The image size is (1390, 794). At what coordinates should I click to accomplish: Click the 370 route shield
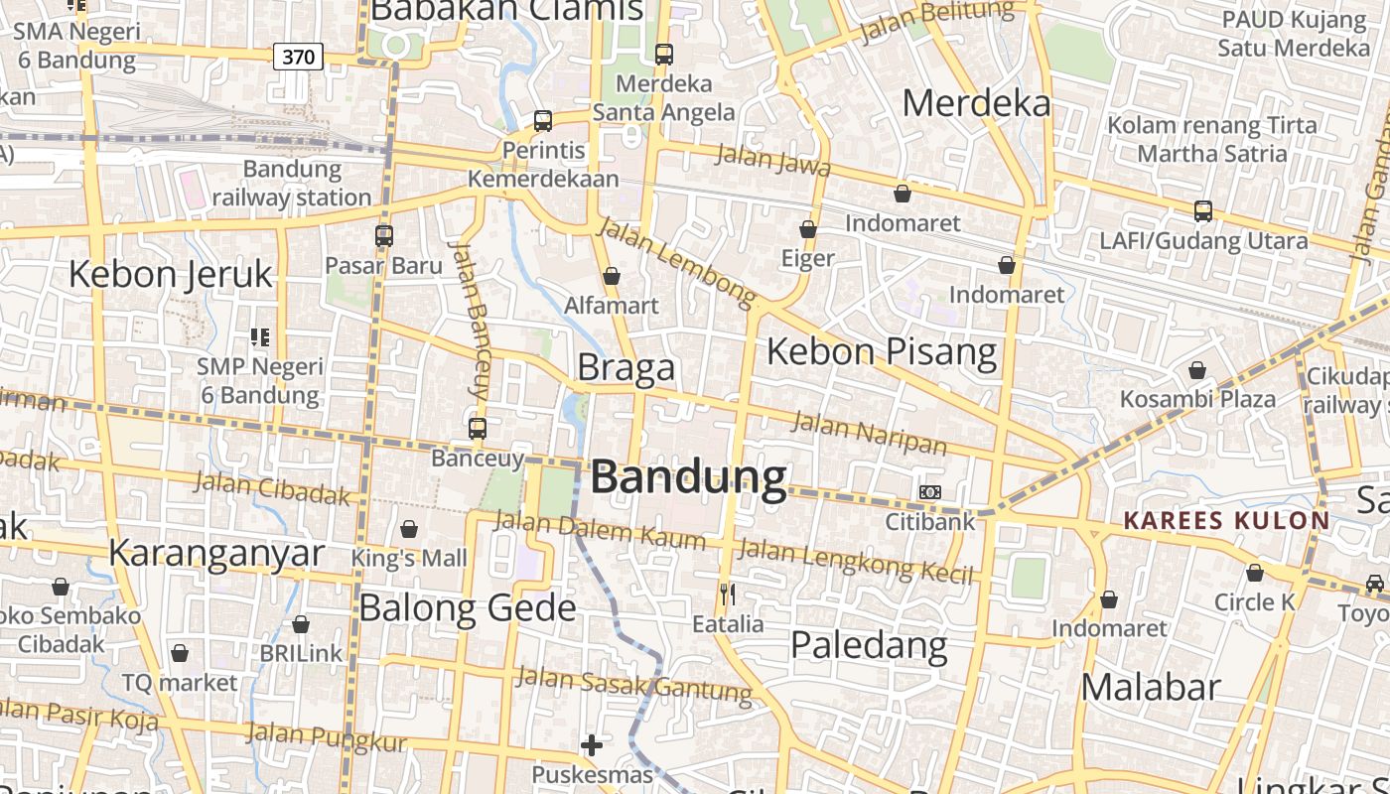298,57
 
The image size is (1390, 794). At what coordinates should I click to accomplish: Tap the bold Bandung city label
688,477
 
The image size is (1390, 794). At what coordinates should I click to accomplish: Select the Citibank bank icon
929,492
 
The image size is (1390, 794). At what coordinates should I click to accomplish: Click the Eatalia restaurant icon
728,595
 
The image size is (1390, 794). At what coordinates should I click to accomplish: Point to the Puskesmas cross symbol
592,744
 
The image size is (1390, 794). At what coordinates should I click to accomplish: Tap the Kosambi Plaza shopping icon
1197,370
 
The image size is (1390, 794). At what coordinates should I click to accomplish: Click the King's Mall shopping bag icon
408,529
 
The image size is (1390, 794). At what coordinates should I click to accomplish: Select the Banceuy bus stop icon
478,429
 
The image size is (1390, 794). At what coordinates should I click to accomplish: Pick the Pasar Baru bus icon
384,236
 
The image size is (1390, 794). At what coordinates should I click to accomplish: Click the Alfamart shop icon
612,276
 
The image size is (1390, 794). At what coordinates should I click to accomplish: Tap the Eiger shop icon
808,229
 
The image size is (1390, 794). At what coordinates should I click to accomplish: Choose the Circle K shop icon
1255,573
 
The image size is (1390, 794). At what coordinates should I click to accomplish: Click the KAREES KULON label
1226,520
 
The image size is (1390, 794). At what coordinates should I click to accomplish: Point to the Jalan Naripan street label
869,433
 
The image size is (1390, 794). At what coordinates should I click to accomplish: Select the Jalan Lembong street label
677,259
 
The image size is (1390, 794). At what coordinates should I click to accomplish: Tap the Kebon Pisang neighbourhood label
882,351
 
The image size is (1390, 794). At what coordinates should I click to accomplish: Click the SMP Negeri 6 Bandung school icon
260,337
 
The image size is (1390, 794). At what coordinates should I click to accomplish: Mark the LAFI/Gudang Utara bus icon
1203,210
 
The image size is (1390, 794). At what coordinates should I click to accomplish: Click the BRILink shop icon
301,624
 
